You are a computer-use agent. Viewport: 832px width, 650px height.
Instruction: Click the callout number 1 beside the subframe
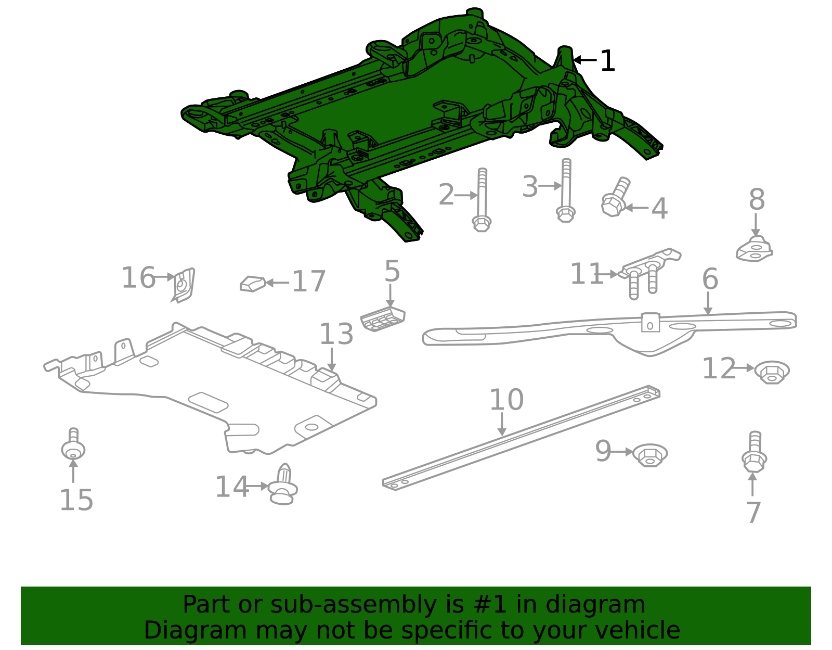tap(607, 61)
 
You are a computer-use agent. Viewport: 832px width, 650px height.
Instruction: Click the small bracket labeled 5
tap(383, 318)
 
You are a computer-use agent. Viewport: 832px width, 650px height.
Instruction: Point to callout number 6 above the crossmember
tap(710, 279)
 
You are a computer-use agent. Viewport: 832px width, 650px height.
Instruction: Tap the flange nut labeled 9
tap(650, 455)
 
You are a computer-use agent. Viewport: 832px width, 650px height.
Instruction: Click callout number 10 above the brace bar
tap(506, 400)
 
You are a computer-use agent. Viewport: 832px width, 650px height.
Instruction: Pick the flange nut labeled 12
tap(772, 372)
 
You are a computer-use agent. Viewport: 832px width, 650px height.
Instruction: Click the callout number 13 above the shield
tap(336, 335)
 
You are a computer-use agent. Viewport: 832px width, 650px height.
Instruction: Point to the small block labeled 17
tap(253, 284)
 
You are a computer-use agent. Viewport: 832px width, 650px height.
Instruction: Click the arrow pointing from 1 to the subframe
tap(585, 60)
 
